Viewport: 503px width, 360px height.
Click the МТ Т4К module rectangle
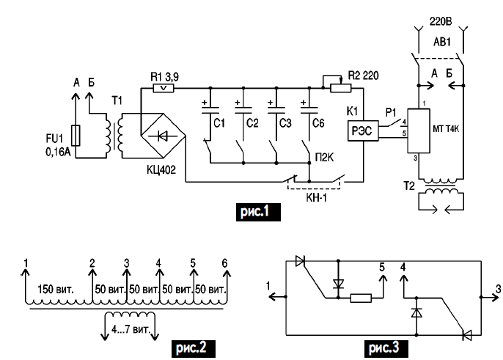pyautogui.click(x=418, y=131)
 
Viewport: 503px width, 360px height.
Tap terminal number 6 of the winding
pyautogui.click(x=225, y=262)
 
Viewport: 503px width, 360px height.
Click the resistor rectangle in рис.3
pyautogui.click(x=363, y=298)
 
